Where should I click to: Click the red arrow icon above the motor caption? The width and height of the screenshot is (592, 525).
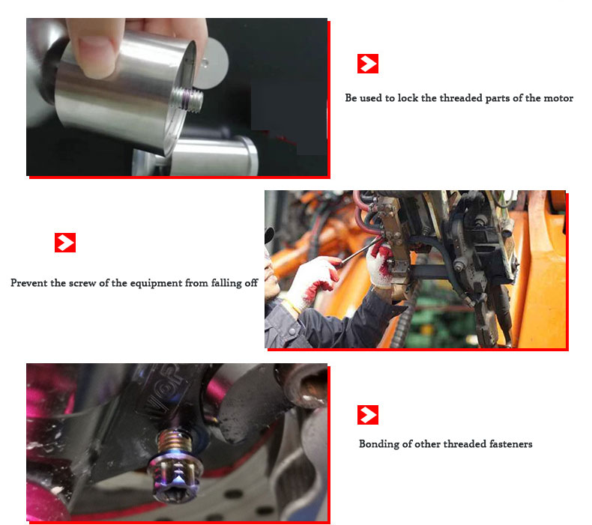pyautogui.click(x=368, y=64)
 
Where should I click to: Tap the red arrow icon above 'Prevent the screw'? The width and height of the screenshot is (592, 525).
pyautogui.click(x=65, y=243)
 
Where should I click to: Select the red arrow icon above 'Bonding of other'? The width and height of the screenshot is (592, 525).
pyautogui.click(x=368, y=415)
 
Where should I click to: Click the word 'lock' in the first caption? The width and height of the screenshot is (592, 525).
pyautogui.click(x=408, y=98)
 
